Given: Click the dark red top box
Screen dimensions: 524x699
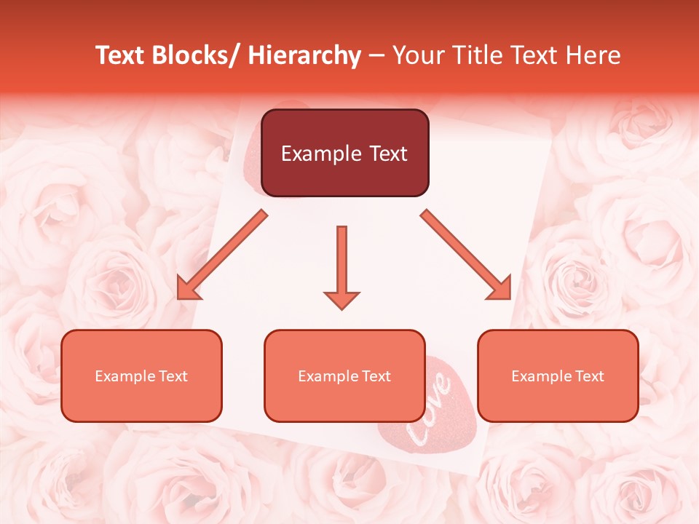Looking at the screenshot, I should click(x=344, y=153).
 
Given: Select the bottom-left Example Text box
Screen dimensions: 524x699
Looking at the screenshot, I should click(x=141, y=376).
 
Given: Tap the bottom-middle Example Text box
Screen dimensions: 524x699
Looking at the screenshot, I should click(x=344, y=376).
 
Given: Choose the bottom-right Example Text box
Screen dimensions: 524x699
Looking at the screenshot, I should click(x=558, y=376).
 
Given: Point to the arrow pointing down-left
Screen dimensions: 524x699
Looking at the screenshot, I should click(x=222, y=255).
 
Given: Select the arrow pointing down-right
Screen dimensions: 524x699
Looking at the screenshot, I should click(x=466, y=255).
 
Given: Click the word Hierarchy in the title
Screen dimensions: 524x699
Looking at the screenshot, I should click(x=304, y=55).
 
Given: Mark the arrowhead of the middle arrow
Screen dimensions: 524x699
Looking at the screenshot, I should click(x=341, y=299).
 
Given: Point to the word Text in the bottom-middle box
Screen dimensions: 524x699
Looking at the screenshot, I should click(x=376, y=376).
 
